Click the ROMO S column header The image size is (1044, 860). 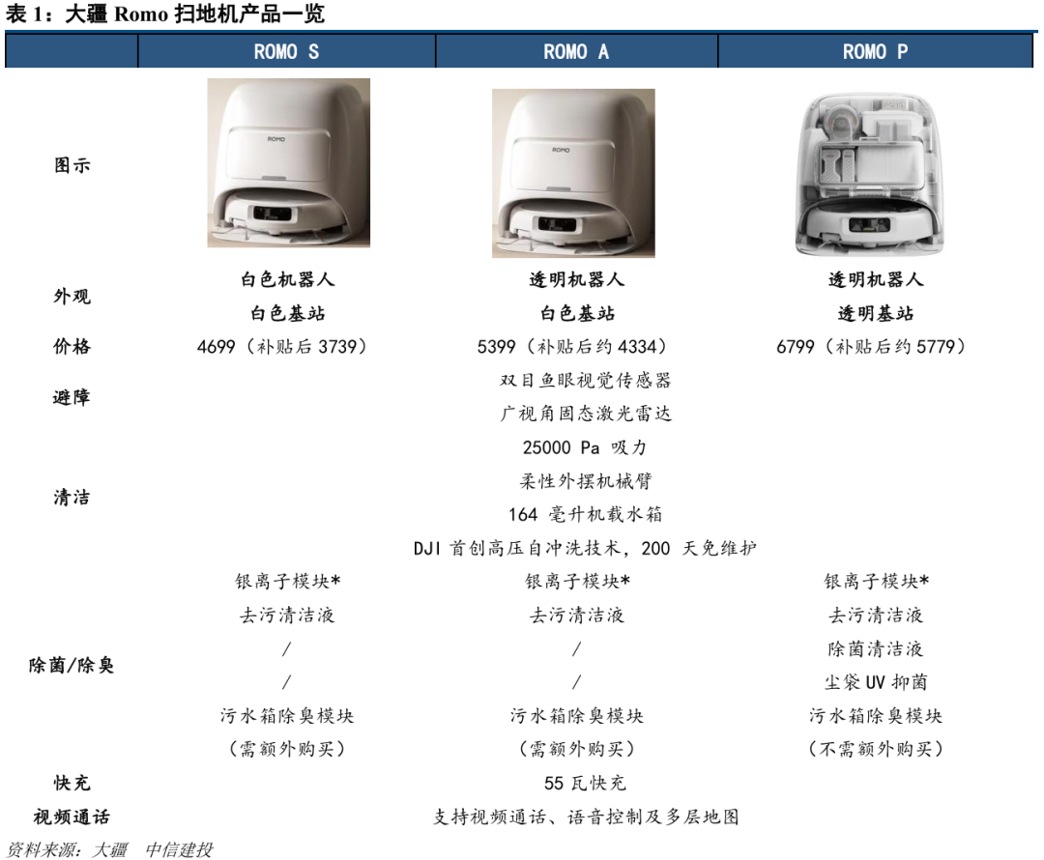(x=286, y=51)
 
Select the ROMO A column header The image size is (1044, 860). (x=576, y=51)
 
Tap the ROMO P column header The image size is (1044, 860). (x=875, y=51)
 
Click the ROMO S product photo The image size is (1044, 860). (x=288, y=163)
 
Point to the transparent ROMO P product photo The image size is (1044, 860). (x=870, y=174)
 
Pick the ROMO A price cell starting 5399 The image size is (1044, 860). (x=572, y=347)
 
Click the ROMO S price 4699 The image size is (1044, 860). (x=216, y=347)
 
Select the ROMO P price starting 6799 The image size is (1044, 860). (x=871, y=347)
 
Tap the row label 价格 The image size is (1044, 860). (x=72, y=346)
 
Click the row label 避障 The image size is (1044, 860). (x=72, y=397)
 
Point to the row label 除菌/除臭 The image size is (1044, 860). (x=72, y=665)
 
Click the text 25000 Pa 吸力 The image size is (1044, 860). (x=585, y=447)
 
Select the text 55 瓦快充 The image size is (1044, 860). (x=585, y=783)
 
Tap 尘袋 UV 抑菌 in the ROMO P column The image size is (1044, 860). (x=876, y=682)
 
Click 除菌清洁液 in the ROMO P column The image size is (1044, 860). (x=876, y=648)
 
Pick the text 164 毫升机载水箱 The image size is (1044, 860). (x=585, y=514)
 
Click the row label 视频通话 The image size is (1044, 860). (x=72, y=817)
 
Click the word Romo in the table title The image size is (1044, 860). (x=141, y=14)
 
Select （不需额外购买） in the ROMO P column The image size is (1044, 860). (x=876, y=750)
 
